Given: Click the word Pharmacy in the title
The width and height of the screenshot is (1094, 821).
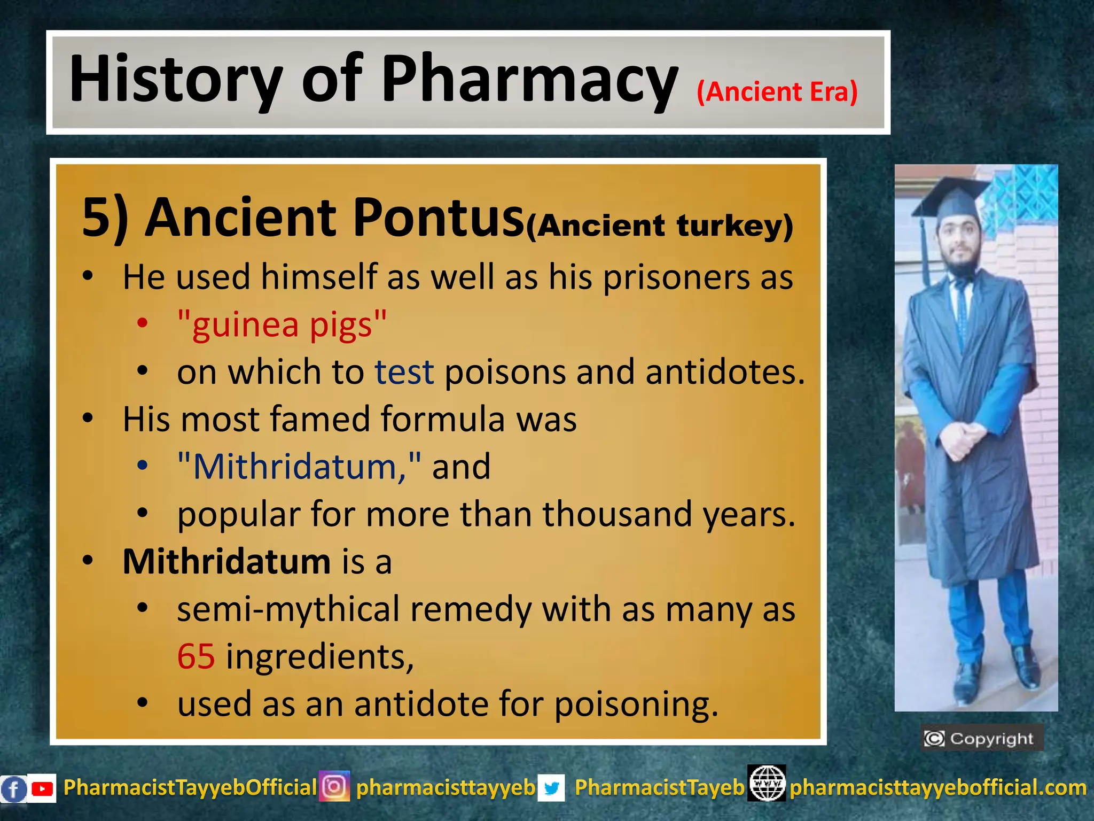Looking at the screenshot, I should coord(529,80).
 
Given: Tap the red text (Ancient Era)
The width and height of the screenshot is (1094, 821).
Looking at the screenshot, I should coord(777,92).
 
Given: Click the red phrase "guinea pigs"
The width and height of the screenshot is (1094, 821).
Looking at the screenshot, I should coord(282,325).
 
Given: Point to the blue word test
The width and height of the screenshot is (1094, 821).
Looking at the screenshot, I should coord(404,372).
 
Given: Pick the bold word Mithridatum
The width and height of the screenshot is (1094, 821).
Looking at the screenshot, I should coord(227,562).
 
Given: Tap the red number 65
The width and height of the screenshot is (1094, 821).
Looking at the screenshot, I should coord(196,656).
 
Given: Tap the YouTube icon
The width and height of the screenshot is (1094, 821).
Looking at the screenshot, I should coord(42,788).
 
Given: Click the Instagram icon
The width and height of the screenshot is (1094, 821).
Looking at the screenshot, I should coord(334,787).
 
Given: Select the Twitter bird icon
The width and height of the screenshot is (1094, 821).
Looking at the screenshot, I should coord(551,788).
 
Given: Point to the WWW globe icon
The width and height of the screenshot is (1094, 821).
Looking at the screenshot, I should coord(767,784).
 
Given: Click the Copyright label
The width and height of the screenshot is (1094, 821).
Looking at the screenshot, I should coord(982,739).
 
